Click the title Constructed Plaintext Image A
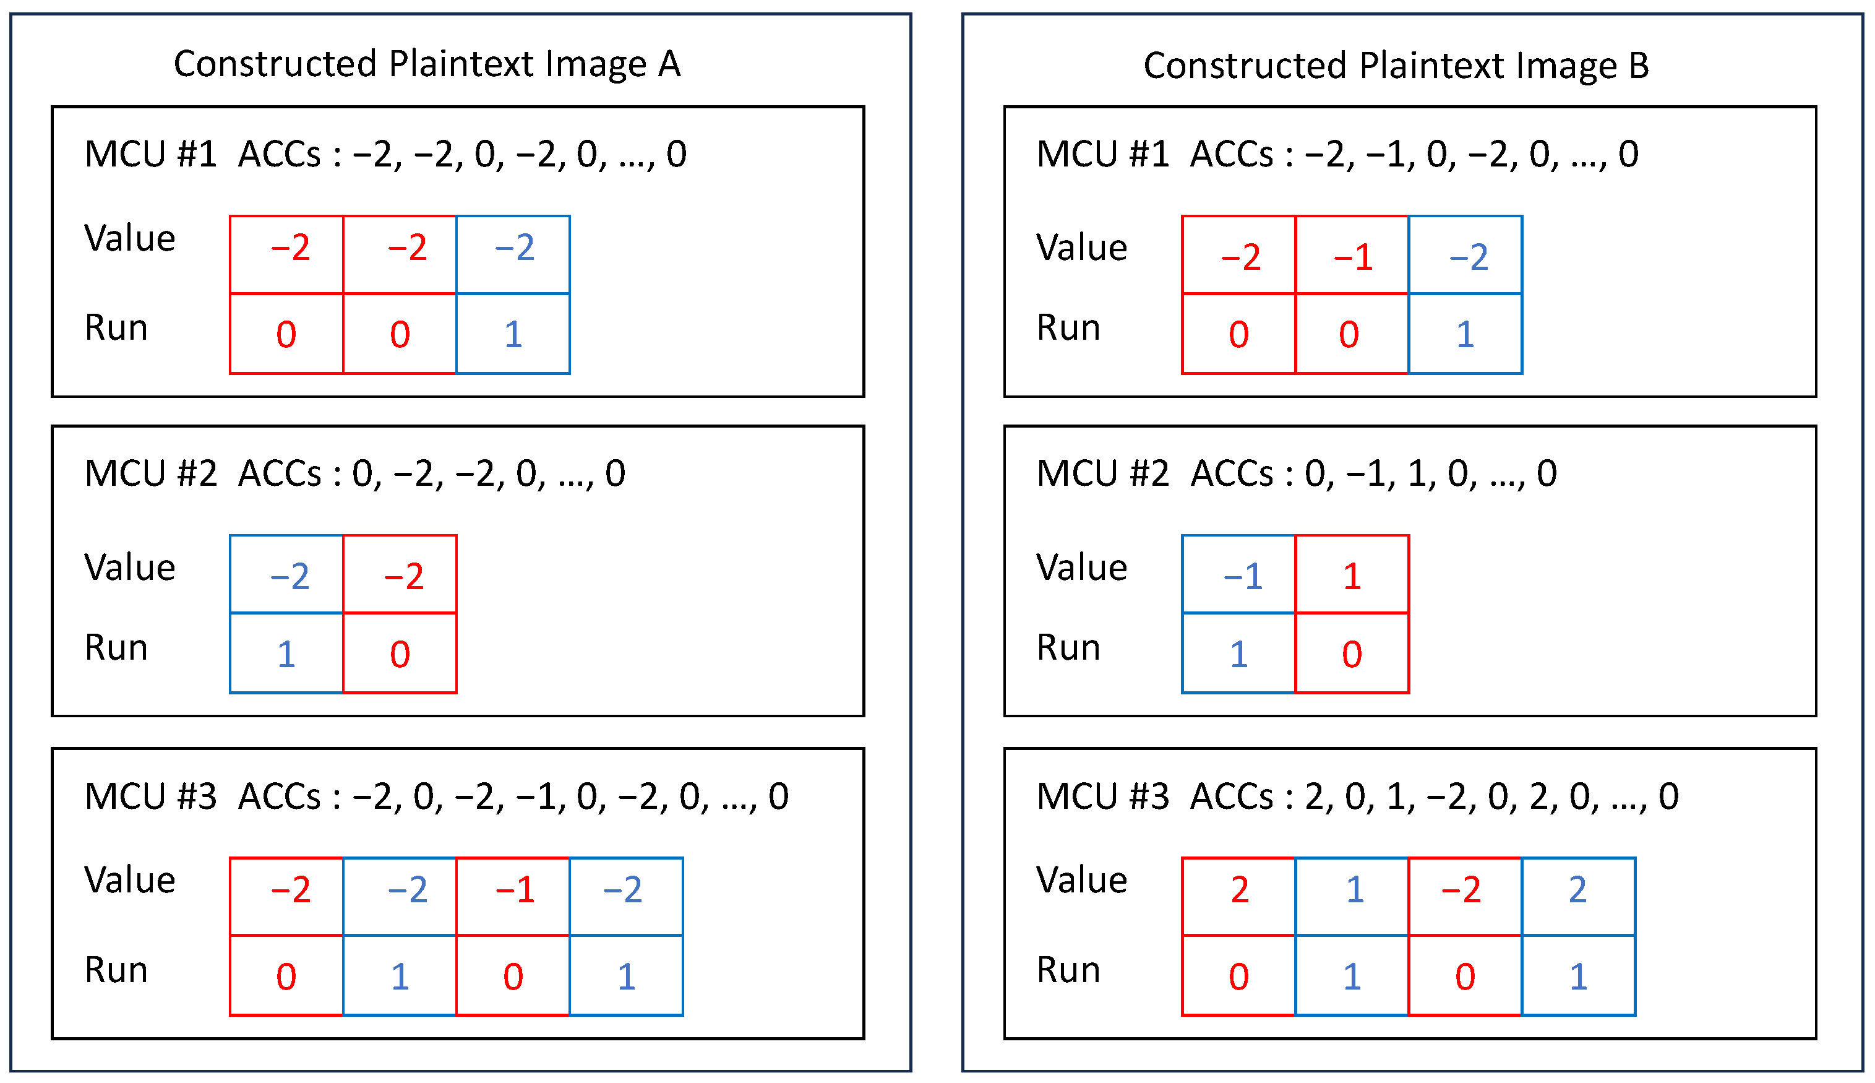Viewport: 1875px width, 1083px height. (x=427, y=64)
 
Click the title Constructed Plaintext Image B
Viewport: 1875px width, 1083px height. (x=1396, y=66)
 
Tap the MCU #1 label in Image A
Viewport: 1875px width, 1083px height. (x=150, y=155)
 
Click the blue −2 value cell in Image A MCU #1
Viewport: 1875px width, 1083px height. (x=513, y=254)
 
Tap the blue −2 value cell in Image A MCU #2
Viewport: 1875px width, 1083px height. (x=287, y=574)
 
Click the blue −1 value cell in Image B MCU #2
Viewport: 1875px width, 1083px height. (x=1238, y=574)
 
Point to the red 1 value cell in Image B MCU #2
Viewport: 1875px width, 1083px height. (x=1352, y=574)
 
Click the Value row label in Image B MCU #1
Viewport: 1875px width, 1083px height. (x=1082, y=248)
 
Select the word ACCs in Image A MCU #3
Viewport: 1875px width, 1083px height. (x=280, y=796)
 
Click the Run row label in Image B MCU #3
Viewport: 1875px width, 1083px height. (x=1068, y=970)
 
